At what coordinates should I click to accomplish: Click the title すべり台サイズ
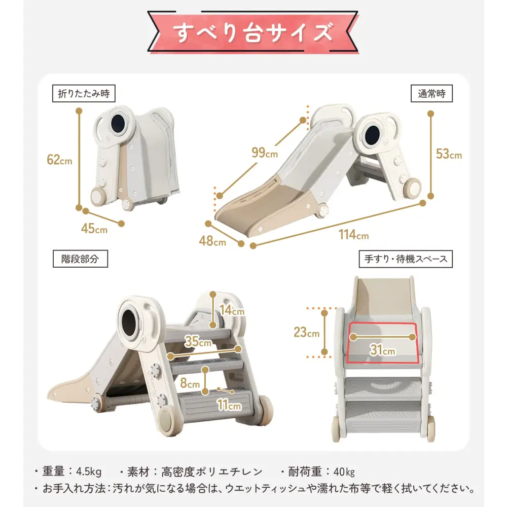pos(253,32)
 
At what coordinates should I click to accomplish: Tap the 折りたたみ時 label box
pos(84,93)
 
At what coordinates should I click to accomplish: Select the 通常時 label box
pos(431,93)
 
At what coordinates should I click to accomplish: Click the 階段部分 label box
pos(81,259)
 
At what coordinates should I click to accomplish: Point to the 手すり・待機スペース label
pos(406,259)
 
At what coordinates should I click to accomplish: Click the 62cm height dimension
pos(59,160)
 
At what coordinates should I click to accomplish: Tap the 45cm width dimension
pos(94,228)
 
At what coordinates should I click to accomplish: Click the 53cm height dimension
pos(449,154)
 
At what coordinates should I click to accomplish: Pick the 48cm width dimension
pos(212,241)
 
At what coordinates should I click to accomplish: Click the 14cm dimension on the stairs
pos(232,310)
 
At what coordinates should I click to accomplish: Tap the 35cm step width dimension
pos(198,342)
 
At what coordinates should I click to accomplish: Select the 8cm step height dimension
pos(191,384)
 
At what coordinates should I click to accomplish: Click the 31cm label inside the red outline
pos(383,350)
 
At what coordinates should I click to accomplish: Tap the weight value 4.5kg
pos(88,472)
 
